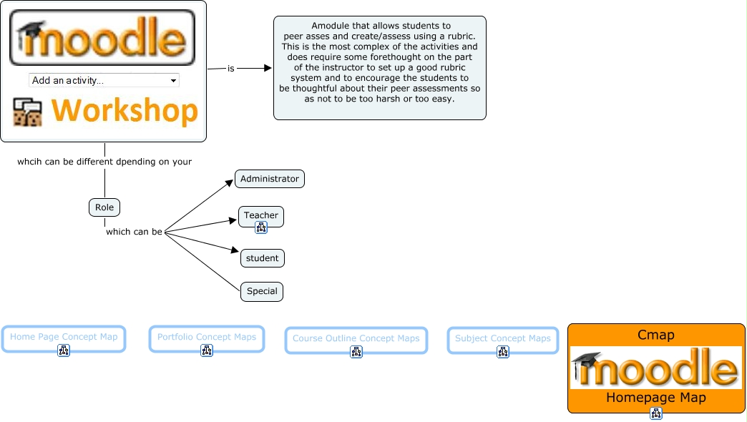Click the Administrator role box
[270, 179]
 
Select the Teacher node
[261, 216]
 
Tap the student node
[262, 258]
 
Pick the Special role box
[262, 292]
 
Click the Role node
[104, 207]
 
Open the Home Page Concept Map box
[64, 338]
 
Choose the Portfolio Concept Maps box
[207, 338]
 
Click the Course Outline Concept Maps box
[356, 340]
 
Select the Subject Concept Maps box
[503, 340]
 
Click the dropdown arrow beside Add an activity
[173, 81]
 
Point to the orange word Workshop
[125, 110]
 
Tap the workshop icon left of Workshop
[28, 112]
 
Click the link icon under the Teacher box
[261, 227]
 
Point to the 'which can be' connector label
[134, 232]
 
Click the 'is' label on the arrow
[231, 69]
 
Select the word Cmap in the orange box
[656, 335]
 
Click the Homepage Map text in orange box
[656, 397]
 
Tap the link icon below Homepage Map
[656, 413]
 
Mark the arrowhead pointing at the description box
[268, 68]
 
